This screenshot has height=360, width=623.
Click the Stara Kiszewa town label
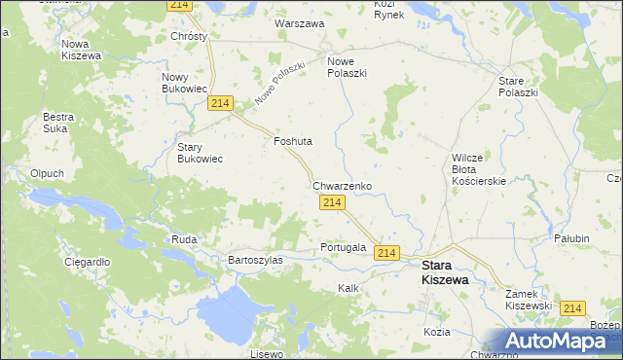click(x=444, y=271)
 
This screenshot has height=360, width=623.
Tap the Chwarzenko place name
click(x=342, y=185)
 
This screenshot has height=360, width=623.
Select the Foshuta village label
click(x=292, y=141)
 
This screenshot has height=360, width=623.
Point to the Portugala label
click(x=343, y=247)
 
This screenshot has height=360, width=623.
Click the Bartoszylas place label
click(x=255, y=260)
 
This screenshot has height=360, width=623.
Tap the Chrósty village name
click(x=189, y=36)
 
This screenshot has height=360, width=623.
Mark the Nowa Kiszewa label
click(x=82, y=50)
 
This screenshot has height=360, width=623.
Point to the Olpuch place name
click(x=47, y=173)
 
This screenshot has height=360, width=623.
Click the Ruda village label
click(x=184, y=238)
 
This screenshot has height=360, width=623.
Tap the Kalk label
click(x=348, y=288)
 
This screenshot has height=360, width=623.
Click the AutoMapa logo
click(x=558, y=341)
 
